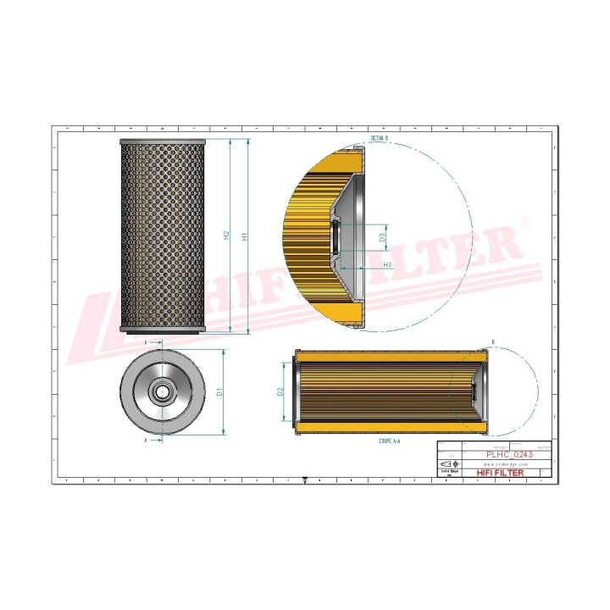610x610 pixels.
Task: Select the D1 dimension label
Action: [x=219, y=392]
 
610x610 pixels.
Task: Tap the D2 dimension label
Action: [x=280, y=392]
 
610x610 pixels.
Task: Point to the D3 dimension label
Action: [x=382, y=240]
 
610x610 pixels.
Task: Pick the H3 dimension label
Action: [x=387, y=265]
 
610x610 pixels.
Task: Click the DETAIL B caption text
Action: [x=378, y=137]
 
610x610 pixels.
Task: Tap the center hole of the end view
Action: [x=163, y=392]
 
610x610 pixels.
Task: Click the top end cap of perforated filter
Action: [x=164, y=141]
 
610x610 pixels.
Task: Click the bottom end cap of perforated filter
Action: [x=164, y=330]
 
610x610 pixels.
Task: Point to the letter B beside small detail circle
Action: [x=493, y=343]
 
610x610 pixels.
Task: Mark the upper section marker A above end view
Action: [x=146, y=343]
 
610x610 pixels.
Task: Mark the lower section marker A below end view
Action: [x=146, y=441]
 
